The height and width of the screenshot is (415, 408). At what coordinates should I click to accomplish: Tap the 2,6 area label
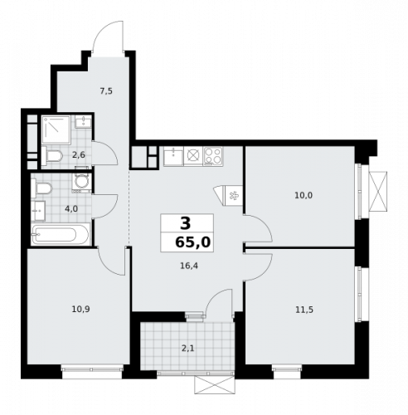pos(77,154)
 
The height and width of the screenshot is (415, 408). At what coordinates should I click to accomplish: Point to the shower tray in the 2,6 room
pos(57,129)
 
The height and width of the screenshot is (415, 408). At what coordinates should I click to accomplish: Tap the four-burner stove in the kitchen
pos(213,154)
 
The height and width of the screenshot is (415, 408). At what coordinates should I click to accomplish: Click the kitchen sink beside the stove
pos(192,154)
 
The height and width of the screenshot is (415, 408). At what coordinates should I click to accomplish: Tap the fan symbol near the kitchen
pos(232,196)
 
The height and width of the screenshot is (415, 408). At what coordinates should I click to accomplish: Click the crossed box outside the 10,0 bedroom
pos(379,189)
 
